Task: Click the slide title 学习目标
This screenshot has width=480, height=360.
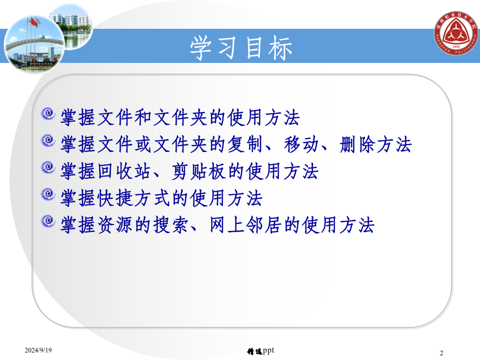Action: pyautogui.click(x=241, y=48)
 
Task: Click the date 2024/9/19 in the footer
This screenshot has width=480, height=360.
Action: pyautogui.click(x=38, y=350)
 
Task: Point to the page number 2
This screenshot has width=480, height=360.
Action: pyautogui.click(x=441, y=353)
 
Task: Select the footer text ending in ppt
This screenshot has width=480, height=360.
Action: pyautogui.click(x=260, y=351)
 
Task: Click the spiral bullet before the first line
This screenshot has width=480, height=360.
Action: pyautogui.click(x=48, y=114)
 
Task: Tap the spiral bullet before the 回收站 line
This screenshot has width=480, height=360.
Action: pyautogui.click(x=48, y=167)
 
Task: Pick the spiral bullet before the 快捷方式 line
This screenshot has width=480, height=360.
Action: pyautogui.click(x=48, y=194)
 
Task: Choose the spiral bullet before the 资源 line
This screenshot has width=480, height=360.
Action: pyautogui.click(x=48, y=221)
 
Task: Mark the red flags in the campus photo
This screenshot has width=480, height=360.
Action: pyautogui.click(x=34, y=22)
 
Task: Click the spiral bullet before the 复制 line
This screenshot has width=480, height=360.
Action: pyautogui.click(x=48, y=140)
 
